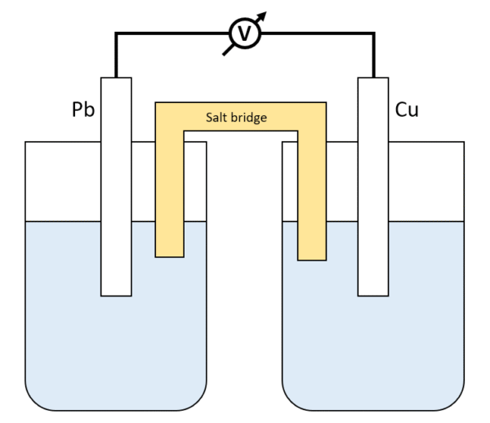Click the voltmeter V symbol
click(243, 33)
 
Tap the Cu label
click(407, 109)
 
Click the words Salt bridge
click(236, 117)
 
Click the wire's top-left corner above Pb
click(117, 34)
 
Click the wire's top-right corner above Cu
click(373, 34)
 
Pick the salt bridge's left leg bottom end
click(169, 254)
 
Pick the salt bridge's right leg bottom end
click(311, 258)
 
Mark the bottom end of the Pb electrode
click(116, 293)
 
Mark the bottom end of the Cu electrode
click(373, 293)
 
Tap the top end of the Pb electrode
click(116, 79)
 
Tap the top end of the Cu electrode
click(373, 79)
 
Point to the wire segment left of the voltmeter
click(171, 34)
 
